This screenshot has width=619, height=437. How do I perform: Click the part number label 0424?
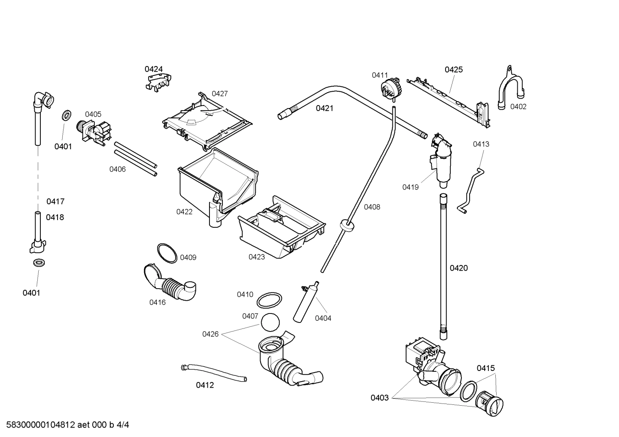click(153, 69)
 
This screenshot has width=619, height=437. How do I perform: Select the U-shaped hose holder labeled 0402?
click(510, 90)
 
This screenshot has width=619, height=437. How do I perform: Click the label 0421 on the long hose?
click(325, 108)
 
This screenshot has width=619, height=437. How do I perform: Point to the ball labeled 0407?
click(270, 322)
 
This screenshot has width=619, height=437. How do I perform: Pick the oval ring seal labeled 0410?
click(270, 301)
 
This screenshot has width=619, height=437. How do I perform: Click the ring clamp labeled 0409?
click(167, 253)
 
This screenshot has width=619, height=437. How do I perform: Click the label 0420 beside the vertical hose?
click(458, 268)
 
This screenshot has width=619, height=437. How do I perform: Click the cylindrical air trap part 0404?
click(305, 302)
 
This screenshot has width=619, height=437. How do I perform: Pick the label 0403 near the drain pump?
click(379, 398)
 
